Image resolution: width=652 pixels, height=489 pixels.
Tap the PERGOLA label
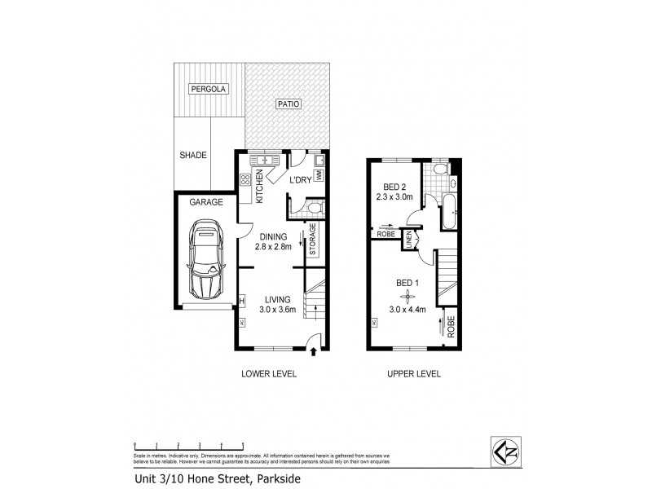[209, 88]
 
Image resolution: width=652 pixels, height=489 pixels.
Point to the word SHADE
[193, 155]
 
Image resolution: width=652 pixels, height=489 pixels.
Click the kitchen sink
[264, 160]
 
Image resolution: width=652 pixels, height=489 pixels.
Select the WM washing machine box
[320, 174]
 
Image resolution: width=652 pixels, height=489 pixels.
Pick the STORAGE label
[312, 239]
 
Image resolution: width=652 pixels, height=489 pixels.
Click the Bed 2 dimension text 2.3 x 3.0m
[394, 196]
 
